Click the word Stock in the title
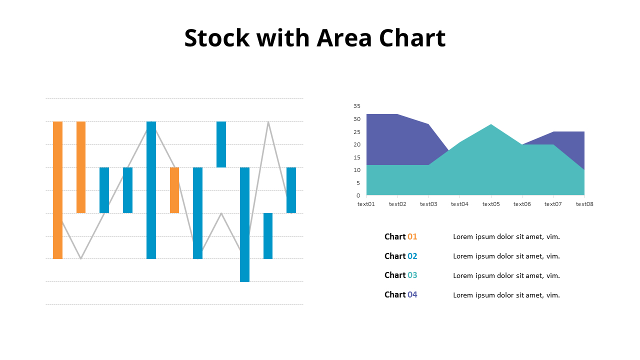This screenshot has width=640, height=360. [x=217, y=38]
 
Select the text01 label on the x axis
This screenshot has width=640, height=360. [x=366, y=204]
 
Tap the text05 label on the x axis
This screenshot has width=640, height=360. [x=491, y=204]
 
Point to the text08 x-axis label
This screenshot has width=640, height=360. [x=584, y=204]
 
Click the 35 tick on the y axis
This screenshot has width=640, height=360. [x=356, y=106]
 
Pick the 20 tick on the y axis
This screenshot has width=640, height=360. [x=356, y=144]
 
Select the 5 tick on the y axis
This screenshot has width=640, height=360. [x=358, y=183]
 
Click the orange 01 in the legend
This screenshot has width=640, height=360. [x=412, y=237]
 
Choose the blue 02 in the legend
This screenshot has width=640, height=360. [x=412, y=256]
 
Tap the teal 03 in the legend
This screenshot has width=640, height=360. [x=412, y=275]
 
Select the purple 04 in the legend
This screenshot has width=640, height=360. [x=412, y=295]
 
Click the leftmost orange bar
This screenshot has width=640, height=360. [x=57, y=190]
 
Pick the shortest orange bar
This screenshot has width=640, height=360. [x=174, y=190]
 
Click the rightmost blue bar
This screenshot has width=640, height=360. [x=291, y=190]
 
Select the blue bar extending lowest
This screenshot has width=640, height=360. [x=244, y=225]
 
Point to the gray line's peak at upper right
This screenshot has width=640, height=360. [x=268, y=122]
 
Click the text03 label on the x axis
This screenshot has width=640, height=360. [x=428, y=204]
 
